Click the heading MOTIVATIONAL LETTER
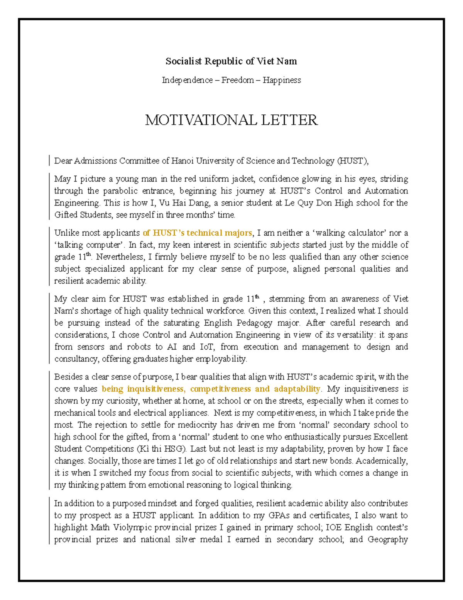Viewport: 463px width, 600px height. point(231,120)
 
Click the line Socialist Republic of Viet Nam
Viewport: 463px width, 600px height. point(231,61)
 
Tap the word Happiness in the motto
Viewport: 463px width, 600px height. point(282,80)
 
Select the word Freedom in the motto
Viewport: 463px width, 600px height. point(237,80)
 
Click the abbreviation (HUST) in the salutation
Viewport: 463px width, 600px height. point(353,161)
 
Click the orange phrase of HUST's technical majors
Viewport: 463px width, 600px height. point(197,233)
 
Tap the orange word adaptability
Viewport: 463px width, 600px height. point(297,389)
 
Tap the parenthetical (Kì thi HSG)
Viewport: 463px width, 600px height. point(161,449)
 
